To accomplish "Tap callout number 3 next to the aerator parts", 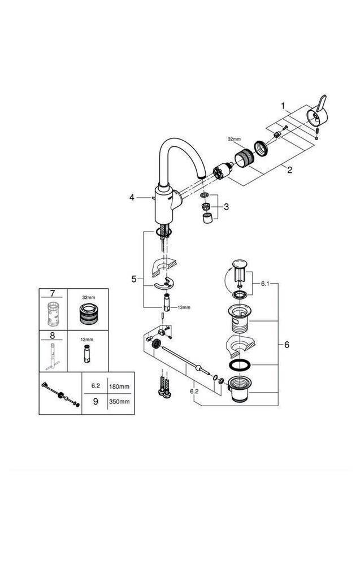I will click(x=226, y=207).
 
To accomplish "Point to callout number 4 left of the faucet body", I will click(x=132, y=197).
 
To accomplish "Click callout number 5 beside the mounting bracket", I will click(x=134, y=279).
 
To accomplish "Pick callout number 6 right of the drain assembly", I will click(x=287, y=344).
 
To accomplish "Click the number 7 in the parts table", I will click(x=53, y=294).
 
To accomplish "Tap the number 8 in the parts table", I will click(x=53, y=334).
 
